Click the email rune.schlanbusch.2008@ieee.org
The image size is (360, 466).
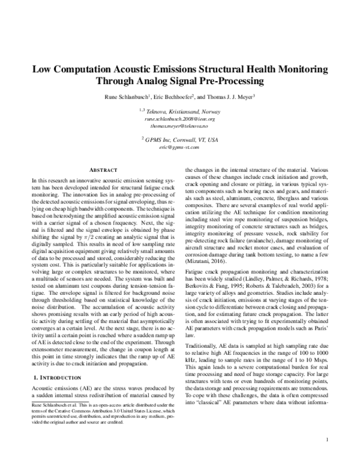coord(180,120)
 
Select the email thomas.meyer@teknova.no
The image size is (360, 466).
coord(180,127)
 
